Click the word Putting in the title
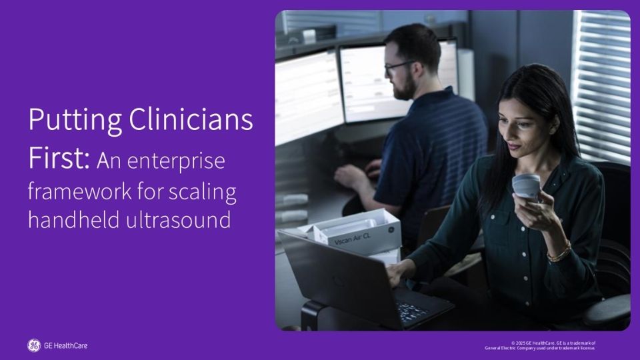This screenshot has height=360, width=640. click(75, 121)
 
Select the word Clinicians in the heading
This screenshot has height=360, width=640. click(191, 119)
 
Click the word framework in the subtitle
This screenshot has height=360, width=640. click(81, 191)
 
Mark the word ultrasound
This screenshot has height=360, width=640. click(179, 219)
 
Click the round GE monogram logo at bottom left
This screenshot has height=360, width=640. click(34, 345)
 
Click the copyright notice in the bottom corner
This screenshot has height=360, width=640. click(540, 346)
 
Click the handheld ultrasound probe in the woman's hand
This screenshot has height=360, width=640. click(527, 187)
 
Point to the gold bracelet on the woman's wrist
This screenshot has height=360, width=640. click(559, 253)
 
